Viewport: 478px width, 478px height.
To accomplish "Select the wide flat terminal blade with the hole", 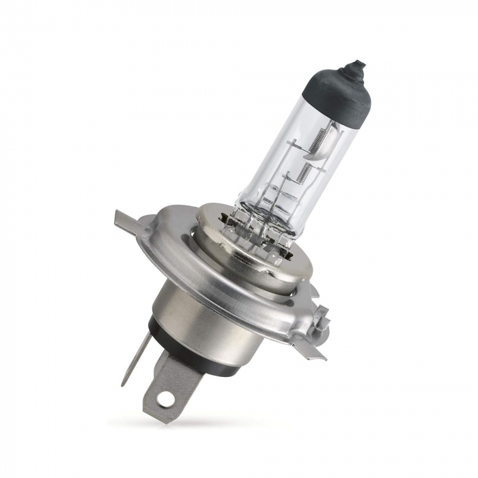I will (167, 386).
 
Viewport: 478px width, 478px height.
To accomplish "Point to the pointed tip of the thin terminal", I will (124, 384).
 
